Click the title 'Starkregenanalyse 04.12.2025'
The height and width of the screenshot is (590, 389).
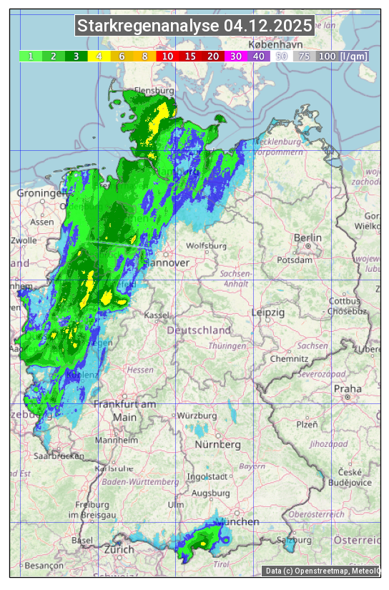[195, 26]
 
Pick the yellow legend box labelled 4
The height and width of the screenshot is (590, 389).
[99, 56]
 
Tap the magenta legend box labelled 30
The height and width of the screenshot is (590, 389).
[235, 56]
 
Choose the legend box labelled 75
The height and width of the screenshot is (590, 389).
[304, 56]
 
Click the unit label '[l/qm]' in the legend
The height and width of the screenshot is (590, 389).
[355, 56]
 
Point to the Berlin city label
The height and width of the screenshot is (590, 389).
[308, 237]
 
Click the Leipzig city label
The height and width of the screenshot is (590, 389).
[269, 313]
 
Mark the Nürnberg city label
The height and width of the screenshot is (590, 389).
[218, 445]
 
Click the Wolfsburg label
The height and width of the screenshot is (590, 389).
[206, 246]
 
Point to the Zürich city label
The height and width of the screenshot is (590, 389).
[119, 549]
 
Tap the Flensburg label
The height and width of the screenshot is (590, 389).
[154, 91]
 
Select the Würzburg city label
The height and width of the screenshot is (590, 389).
[197, 416]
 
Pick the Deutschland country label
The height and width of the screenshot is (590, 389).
[200, 330]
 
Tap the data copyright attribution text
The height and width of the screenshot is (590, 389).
[322, 571]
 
